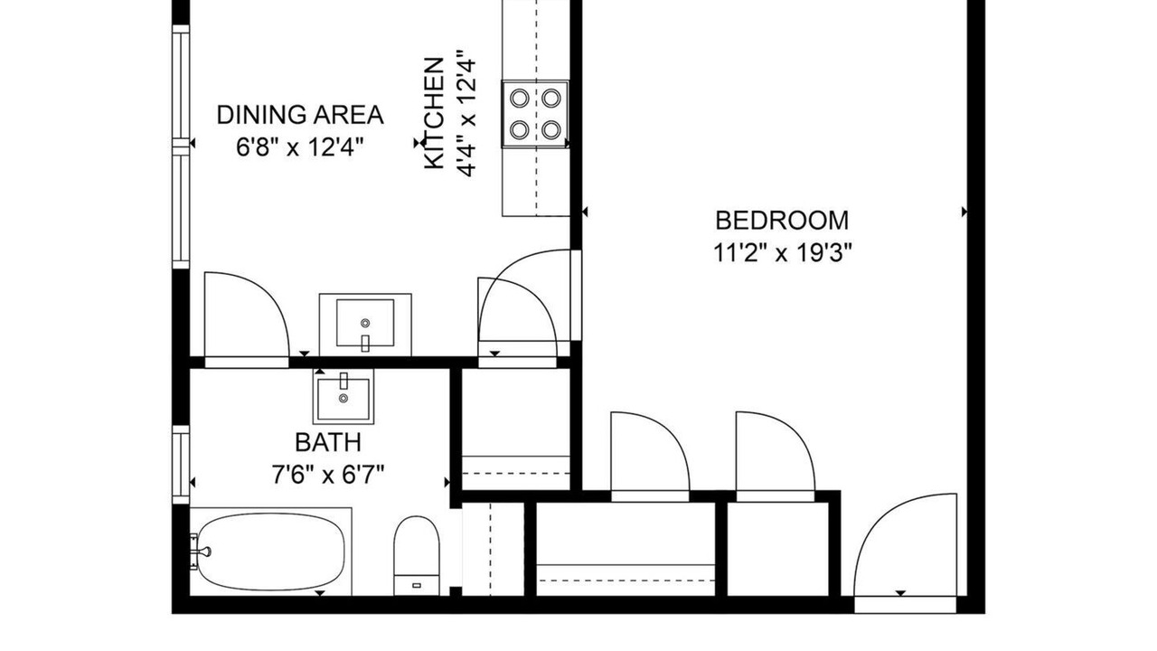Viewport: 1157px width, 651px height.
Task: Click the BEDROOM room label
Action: pyautogui.click(x=782, y=221)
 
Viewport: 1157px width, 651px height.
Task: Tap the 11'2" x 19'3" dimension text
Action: pyautogui.click(x=782, y=254)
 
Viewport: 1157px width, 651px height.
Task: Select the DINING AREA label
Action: pyautogui.click(x=300, y=115)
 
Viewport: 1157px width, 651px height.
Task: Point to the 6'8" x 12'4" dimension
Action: pyautogui.click(x=300, y=147)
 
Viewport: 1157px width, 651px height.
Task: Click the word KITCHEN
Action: pyautogui.click(x=434, y=113)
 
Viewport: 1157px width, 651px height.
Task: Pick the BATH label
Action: pyautogui.click(x=328, y=442)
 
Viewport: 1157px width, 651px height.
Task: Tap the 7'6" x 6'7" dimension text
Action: pyautogui.click(x=328, y=476)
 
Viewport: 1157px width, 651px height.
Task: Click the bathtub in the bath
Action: pyautogui.click(x=271, y=552)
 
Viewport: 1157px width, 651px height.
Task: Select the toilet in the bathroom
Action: pyautogui.click(x=417, y=555)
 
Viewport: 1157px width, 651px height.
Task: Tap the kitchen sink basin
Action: pyautogui.click(x=365, y=323)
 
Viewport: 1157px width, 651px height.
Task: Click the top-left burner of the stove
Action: pyautogui.click(x=520, y=98)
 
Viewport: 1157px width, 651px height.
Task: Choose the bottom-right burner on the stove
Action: pyautogui.click(x=551, y=129)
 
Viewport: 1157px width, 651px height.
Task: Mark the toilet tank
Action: pyautogui.click(x=417, y=585)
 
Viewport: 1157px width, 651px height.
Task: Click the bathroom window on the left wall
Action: pyautogui.click(x=181, y=465)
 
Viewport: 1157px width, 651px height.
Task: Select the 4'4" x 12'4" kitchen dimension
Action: pyautogui.click(x=466, y=113)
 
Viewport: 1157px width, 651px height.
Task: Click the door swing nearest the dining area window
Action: pyautogui.click(x=247, y=315)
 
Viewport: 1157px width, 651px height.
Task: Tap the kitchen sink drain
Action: pyautogui.click(x=365, y=323)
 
